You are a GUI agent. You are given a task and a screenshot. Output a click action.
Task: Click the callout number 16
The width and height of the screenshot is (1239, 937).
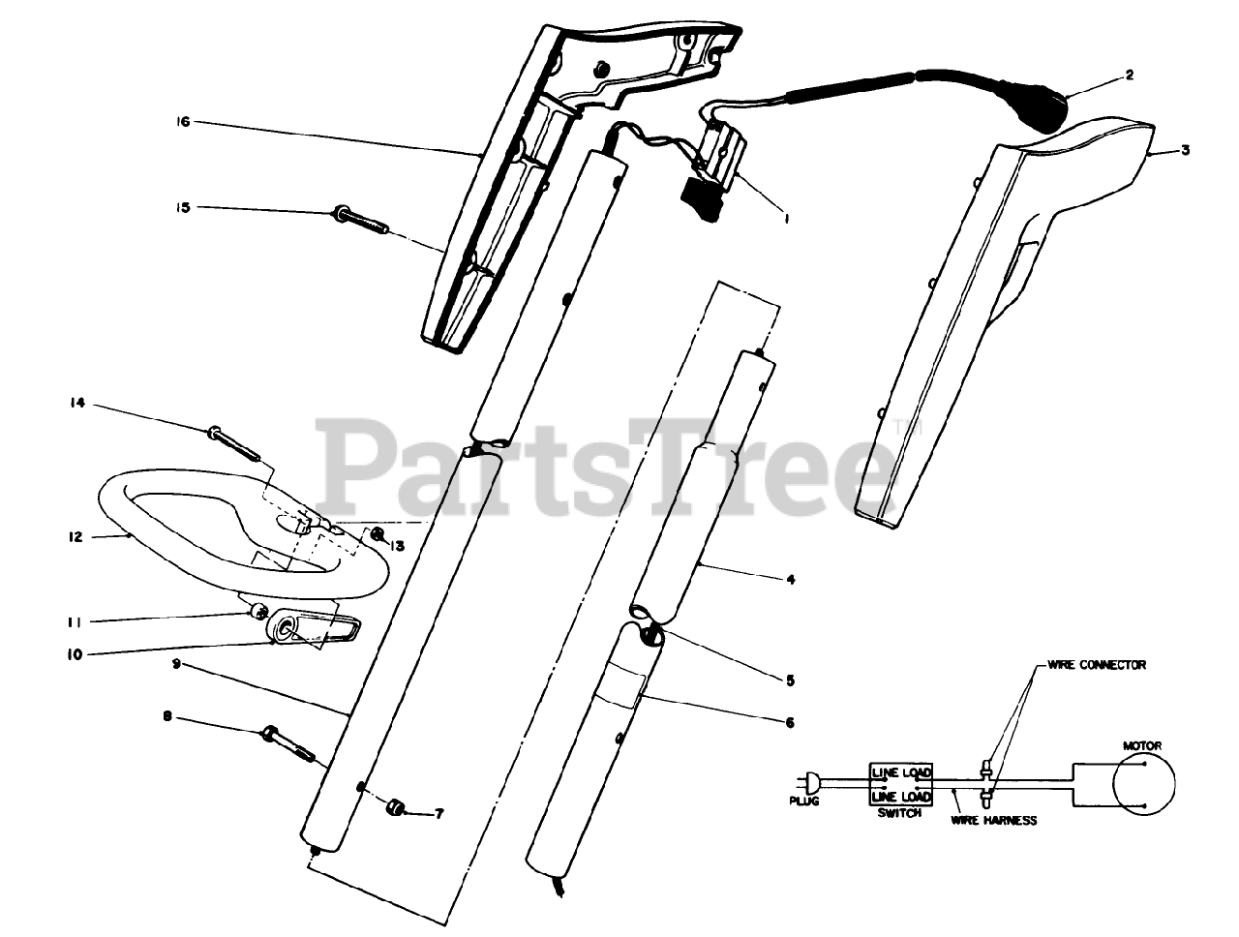183,122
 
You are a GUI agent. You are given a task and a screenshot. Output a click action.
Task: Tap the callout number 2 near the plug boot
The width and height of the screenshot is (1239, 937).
1129,74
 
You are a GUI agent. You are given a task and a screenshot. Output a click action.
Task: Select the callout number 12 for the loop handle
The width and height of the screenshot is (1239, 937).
75,536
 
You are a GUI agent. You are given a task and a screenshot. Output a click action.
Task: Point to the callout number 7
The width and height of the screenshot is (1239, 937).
438,814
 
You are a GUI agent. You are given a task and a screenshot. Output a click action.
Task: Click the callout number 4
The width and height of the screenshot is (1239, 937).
790,579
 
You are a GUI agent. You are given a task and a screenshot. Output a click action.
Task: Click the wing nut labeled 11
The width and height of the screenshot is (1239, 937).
257,610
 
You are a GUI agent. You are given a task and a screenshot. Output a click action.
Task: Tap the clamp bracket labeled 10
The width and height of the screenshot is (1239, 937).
312,631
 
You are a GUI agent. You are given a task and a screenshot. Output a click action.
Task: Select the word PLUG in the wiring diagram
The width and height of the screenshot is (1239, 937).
803,801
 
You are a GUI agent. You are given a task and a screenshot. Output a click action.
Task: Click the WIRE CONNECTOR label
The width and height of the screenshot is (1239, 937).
1096,665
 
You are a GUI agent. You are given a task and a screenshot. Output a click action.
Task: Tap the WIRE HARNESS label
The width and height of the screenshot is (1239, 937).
993,821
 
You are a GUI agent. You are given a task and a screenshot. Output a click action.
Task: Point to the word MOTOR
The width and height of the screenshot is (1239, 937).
1142,745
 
